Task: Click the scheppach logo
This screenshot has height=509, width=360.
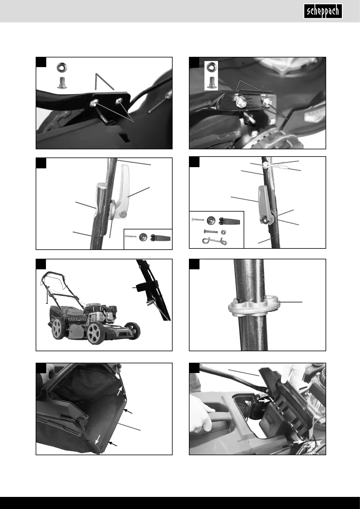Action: pyautogui.click(x=323, y=11)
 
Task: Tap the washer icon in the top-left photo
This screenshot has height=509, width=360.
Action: pyautogui.click(x=62, y=67)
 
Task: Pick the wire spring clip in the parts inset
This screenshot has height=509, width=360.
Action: pyautogui.click(x=214, y=241)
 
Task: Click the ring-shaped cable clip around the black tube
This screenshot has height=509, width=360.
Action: pyautogui.click(x=254, y=306)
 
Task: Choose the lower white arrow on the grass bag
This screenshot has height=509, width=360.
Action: pyautogui.click(x=97, y=440)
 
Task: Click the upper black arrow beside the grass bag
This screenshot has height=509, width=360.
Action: pyautogui.click(x=128, y=411)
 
